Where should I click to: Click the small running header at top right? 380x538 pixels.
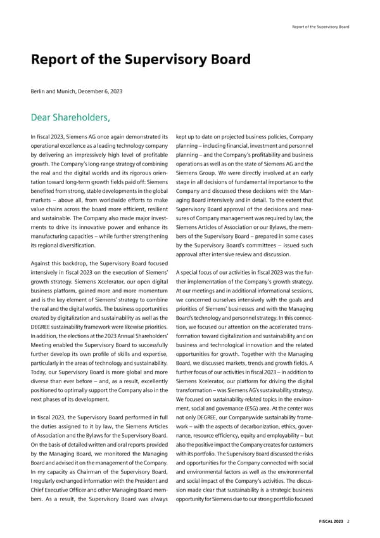320,27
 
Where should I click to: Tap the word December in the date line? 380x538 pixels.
94,91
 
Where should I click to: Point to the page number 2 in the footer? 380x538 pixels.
349,521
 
